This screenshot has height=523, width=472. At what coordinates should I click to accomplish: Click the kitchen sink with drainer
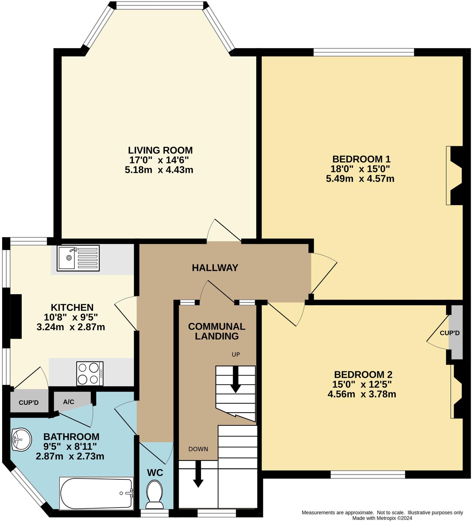tap(78, 258)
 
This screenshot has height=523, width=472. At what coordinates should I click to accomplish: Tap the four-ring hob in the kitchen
tap(90, 373)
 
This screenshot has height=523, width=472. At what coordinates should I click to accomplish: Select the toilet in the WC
tap(154, 494)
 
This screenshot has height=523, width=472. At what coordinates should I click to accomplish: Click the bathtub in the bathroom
tap(97, 493)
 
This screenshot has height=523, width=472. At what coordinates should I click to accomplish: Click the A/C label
tap(69, 402)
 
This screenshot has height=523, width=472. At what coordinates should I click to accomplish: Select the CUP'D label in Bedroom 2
tap(449, 333)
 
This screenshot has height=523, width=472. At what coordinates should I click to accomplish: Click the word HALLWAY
tap(215, 268)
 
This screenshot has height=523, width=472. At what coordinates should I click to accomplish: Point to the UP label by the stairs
tap(235, 354)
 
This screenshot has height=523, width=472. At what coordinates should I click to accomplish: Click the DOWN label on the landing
tap(198, 449)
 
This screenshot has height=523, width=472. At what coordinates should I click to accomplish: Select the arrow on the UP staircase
tap(235, 380)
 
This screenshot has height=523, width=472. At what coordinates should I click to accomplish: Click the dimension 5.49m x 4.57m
tap(360, 179)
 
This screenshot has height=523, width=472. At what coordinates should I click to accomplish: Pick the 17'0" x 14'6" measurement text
tap(159, 160)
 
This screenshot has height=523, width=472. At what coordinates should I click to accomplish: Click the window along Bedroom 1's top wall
tap(364, 52)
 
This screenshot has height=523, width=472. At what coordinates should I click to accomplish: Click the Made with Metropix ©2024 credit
tap(382, 518)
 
